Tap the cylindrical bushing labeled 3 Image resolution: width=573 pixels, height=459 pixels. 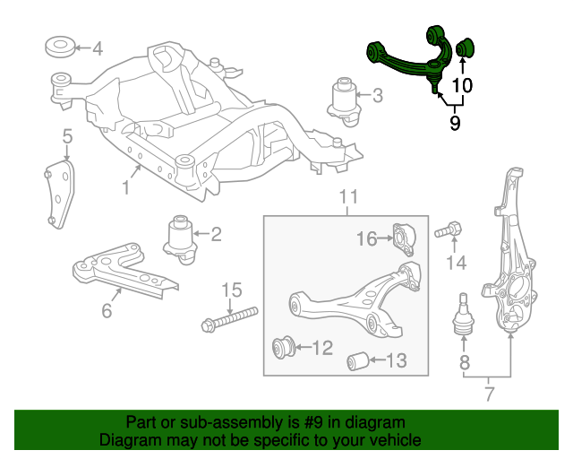(x=343, y=98)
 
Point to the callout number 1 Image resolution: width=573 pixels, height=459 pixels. (x=126, y=187)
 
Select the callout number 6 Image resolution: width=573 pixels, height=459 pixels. (x=107, y=311)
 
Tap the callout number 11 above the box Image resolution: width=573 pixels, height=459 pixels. (x=348, y=197)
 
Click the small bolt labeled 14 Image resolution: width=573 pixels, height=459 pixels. (x=449, y=232)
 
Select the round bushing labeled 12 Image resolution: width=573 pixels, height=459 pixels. (x=284, y=346)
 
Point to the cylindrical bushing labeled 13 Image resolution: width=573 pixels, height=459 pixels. (x=358, y=360)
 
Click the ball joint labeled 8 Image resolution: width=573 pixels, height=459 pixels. (x=464, y=316)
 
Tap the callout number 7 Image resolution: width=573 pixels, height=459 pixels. (x=489, y=393)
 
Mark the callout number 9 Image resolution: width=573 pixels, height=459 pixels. (x=455, y=123)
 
